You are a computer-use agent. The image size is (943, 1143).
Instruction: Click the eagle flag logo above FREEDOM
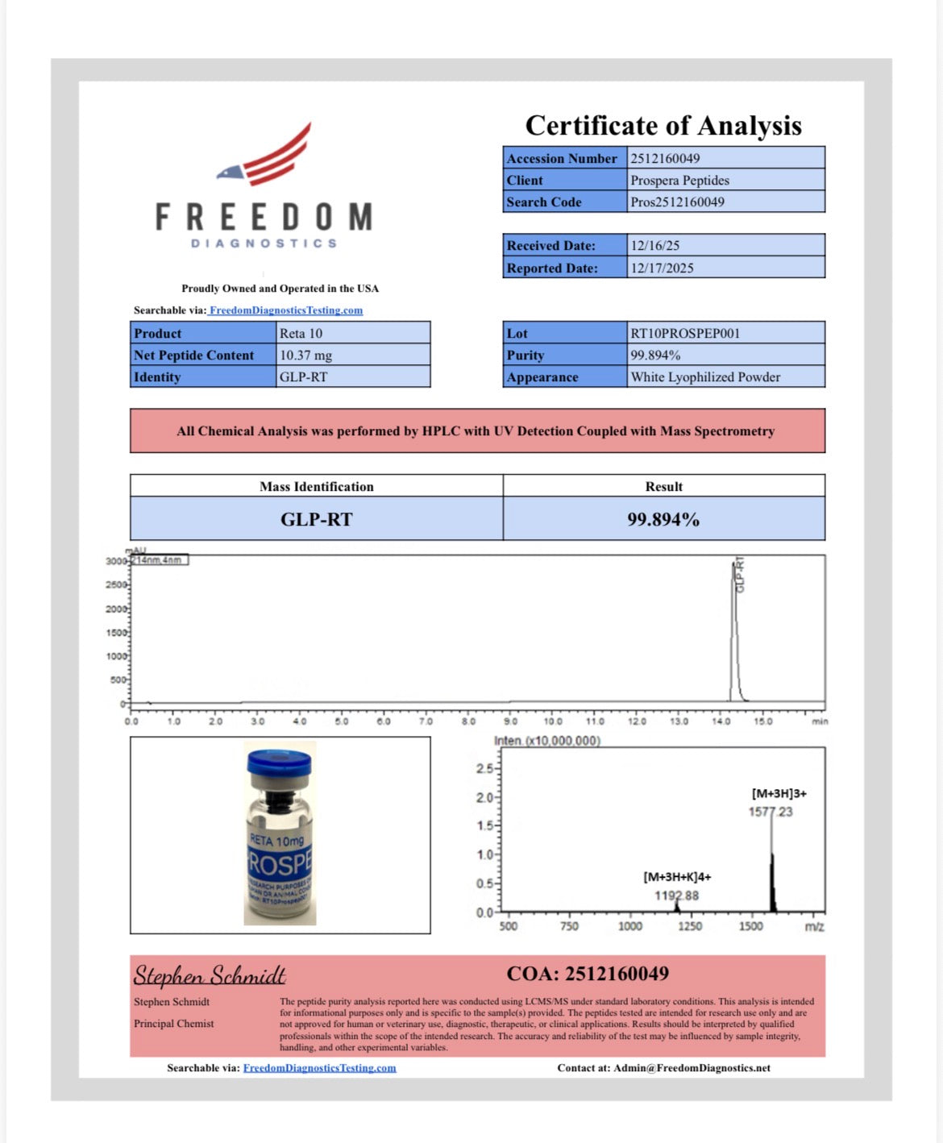(x=266, y=155)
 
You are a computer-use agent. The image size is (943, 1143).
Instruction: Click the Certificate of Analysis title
(x=663, y=126)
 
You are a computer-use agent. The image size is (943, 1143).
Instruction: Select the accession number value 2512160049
(x=665, y=159)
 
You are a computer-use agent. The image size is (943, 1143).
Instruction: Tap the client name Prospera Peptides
(x=679, y=181)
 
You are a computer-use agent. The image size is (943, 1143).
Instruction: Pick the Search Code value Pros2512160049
(x=677, y=202)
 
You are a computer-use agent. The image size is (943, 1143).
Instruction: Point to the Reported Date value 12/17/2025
(x=662, y=268)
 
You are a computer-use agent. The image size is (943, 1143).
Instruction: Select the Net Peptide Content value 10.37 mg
(x=305, y=355)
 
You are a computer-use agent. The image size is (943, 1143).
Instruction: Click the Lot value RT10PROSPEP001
(x=685, y=334)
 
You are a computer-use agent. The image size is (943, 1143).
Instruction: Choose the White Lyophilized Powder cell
(x=705, y=377)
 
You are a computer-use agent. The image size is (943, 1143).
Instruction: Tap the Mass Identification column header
(x=316, y=487)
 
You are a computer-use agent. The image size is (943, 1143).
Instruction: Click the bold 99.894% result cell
(x=663, y=520)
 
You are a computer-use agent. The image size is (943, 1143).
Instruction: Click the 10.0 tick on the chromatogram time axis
(x=553, y=721)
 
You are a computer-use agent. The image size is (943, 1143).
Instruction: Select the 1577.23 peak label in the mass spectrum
(x=771, y=812)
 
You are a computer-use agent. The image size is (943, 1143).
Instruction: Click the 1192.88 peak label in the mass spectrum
(x=676, y=896)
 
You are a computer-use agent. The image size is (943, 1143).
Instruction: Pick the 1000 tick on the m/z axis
(x=630, y=926)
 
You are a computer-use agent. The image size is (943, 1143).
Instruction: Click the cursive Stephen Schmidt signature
(x=210, y=976)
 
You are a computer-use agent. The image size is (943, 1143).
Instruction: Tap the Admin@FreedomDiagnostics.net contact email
(x=692, y=1068)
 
